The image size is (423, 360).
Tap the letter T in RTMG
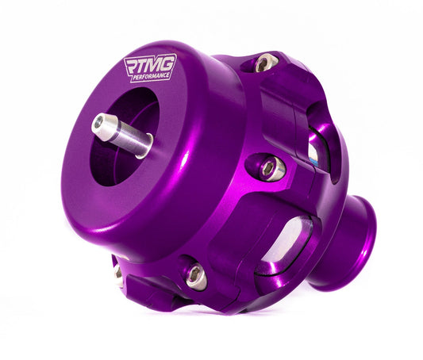pyautogui.click(x=146, y=66)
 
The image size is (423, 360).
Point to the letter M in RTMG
pyautogui.click(x=159, y=66)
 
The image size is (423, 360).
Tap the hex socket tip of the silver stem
pyautogui.click(x=100, y=124)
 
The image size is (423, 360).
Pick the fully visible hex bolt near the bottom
pyautogui.click(x=194, y=274)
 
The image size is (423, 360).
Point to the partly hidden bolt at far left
pyautogui.click(x=117, y=273)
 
